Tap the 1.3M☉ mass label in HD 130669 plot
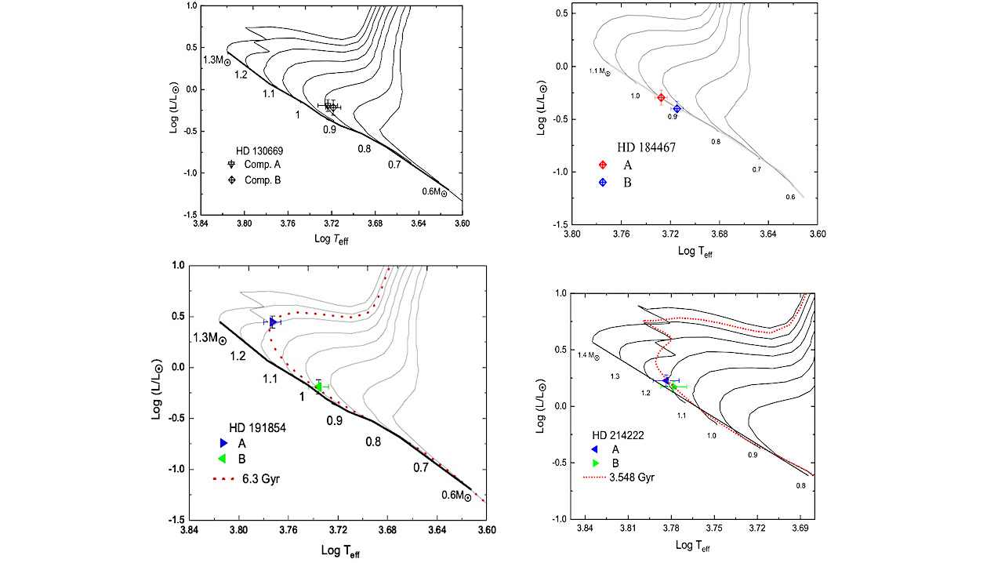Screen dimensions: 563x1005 pos(216,60)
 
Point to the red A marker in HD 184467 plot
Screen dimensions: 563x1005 pos(661,98)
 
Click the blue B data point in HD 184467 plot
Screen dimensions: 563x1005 pos(677,108)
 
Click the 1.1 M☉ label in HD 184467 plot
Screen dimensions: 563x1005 pos(600,71)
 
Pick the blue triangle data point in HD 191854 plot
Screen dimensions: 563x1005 pos(273,322)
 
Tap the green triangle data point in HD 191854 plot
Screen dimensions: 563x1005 pos(318,387)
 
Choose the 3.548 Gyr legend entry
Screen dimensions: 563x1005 pos(630,477)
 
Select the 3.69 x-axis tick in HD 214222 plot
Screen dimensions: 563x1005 pos(800,530)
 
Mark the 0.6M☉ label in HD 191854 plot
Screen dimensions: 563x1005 pos(455,496)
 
